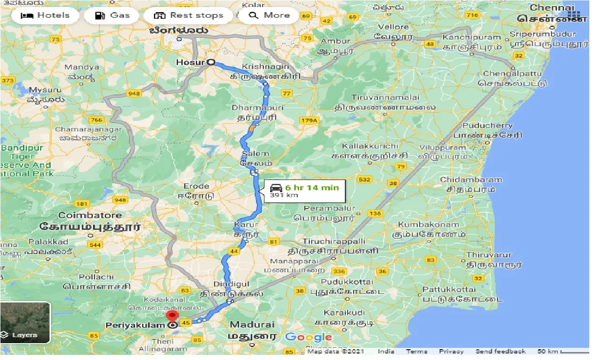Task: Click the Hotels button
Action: [46, 15]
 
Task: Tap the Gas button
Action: [113, 15]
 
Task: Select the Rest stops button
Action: [189, 15]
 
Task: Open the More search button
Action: [270, 15]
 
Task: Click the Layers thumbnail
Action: [25, 323]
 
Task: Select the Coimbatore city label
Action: [90, 216]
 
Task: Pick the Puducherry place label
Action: [487, 126]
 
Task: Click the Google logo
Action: [308, 338]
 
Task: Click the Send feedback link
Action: [500, 352]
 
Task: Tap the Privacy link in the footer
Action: [451, 352]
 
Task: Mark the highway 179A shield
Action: [309, 121]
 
